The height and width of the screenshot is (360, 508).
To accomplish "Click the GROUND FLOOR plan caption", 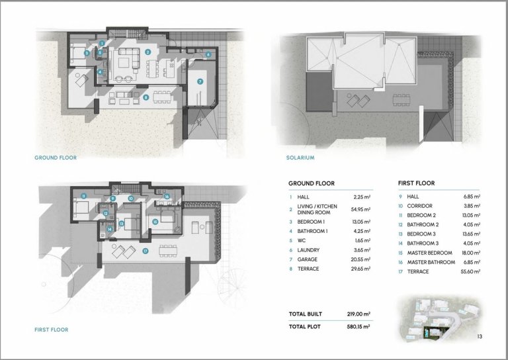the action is click(56, 157).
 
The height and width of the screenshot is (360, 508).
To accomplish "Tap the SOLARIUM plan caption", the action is click(300, 157).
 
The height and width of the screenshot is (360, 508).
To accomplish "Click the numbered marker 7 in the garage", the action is click(200, 81).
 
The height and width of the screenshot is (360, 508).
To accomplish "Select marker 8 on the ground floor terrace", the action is click(146, 97).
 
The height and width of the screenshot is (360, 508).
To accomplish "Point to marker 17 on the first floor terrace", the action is click(145, 251).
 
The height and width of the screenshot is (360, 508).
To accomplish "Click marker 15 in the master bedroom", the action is click(155, 222).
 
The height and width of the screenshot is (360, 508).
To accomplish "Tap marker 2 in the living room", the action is click(148, 52).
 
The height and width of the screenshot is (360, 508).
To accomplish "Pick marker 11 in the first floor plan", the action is click(83, 196).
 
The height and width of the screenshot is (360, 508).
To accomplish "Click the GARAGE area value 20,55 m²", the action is click(360, 259).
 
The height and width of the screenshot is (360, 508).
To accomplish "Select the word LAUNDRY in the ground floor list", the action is click(308, 250).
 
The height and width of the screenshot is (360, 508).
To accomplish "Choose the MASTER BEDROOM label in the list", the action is click(429, 253).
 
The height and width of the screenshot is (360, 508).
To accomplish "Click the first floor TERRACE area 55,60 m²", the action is click(470, 271).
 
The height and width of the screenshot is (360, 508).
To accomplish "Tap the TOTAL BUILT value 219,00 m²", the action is click(359, 314).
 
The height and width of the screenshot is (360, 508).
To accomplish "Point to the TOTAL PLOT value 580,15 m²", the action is click(359, 327).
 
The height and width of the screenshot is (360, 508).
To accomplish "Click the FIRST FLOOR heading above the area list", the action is click(416, 183).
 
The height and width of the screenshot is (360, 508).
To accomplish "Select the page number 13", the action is click(480, 336).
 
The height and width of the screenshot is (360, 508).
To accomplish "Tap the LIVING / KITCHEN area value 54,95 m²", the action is click(360, 209).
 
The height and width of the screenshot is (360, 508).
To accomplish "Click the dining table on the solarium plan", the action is click(402, 100).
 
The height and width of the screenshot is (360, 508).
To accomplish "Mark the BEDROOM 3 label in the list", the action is click(421, 234).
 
